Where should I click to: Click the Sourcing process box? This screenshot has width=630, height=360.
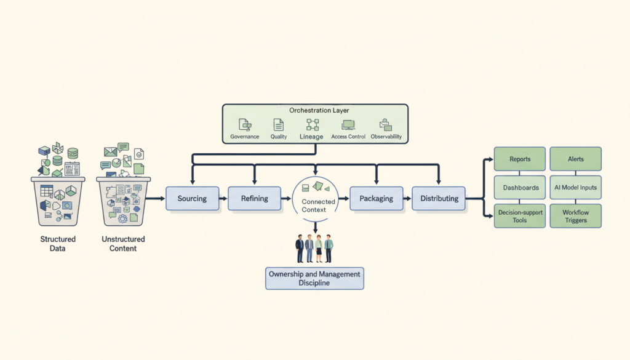point(192,199)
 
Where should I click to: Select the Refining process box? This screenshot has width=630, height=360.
point(254,199)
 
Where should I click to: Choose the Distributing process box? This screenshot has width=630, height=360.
point(439,199)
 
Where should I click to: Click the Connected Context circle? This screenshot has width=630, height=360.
point(317,199)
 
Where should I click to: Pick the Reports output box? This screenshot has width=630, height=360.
point(520,159)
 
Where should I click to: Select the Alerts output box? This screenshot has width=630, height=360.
point(575,159)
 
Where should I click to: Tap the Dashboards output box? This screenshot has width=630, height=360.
point(520,188)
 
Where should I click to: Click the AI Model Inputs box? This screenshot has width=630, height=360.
point(575,188)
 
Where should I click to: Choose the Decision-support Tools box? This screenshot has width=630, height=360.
point(520,216)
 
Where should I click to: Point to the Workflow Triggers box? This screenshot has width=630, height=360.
point(575,216)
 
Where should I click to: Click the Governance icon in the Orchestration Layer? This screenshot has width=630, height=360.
point(244,124)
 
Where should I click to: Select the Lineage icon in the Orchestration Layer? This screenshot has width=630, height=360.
point(312,125)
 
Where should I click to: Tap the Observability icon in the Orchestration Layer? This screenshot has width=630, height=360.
point(386,124)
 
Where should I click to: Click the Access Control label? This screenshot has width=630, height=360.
point(348,137)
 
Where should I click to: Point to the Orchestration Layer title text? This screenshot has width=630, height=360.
point(314,110)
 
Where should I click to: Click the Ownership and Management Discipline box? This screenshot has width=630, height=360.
point(314,278)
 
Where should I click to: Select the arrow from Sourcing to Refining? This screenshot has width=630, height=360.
point(223,199)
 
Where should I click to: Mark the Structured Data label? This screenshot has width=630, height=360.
point(58,244)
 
